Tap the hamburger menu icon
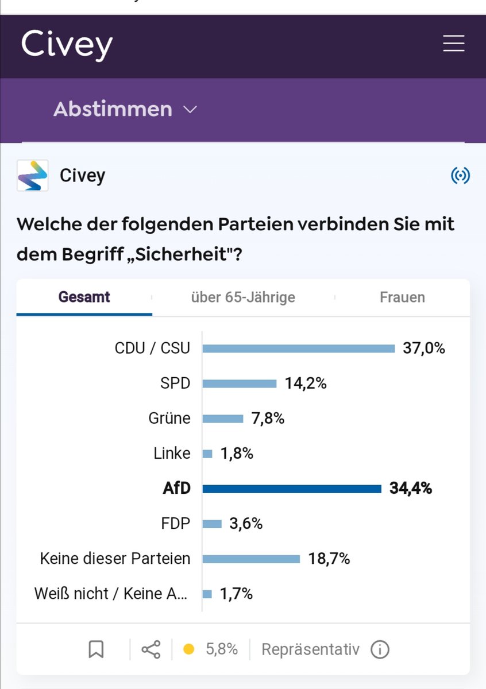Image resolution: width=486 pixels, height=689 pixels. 453,44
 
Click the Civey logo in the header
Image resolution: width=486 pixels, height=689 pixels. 67,45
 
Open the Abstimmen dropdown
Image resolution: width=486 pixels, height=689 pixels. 125,109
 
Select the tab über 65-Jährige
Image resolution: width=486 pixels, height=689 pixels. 243,297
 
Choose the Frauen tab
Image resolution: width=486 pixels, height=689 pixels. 402,297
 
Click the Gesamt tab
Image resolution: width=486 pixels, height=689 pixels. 84,297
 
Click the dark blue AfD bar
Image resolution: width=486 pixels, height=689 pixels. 292,489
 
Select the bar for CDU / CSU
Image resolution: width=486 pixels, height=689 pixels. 299,349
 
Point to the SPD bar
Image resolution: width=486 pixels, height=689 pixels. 240,384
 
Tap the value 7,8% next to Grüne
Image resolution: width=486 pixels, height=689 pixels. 268,419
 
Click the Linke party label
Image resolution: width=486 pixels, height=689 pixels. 172,454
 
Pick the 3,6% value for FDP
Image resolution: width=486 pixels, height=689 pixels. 246,524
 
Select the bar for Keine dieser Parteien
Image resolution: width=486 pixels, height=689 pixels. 251,559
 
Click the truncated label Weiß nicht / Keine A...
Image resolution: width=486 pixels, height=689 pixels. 111,594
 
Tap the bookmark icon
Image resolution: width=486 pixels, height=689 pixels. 96,649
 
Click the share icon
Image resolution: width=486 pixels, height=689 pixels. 151,649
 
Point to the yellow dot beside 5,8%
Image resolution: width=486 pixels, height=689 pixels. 188,649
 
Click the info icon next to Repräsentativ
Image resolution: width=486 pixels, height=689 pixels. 380,649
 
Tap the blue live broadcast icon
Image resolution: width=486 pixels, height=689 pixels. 460,176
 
